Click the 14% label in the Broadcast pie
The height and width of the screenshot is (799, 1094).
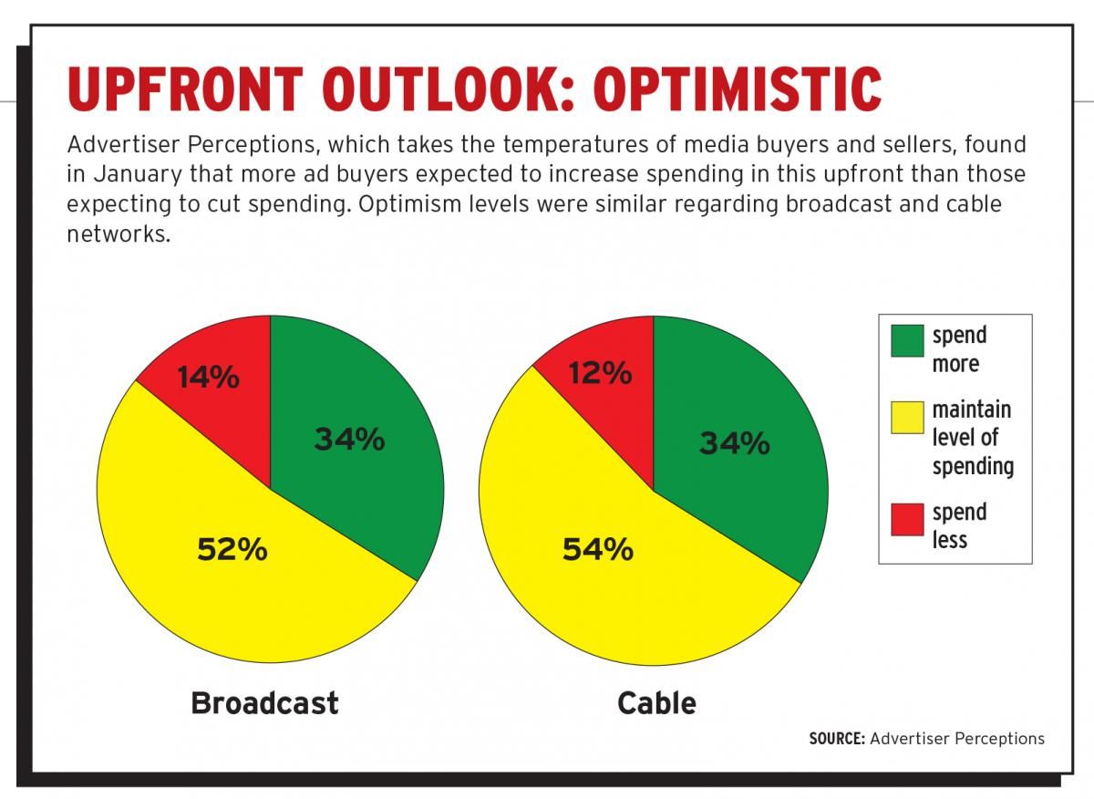[x=208, y=378]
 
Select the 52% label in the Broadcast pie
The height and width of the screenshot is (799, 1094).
[x=232, y=549]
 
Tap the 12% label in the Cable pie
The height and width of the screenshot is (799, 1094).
[x=600, y=373]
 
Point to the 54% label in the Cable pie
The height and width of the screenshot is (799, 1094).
[x=597, y=549]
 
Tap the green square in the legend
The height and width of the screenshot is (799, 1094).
[x=906, y=340]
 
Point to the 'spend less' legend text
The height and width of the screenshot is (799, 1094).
[x=958, y=526]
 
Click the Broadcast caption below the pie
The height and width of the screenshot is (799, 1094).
[x=264, y=703]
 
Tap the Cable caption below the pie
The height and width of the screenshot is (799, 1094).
[x=656, y=703]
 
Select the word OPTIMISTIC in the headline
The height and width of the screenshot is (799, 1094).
[x=738, y=89]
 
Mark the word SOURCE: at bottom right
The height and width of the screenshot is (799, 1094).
[x=836, y=739]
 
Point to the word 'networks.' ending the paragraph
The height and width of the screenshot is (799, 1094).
[x=119, y=233]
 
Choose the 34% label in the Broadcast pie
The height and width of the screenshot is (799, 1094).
[x=349, y=440]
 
